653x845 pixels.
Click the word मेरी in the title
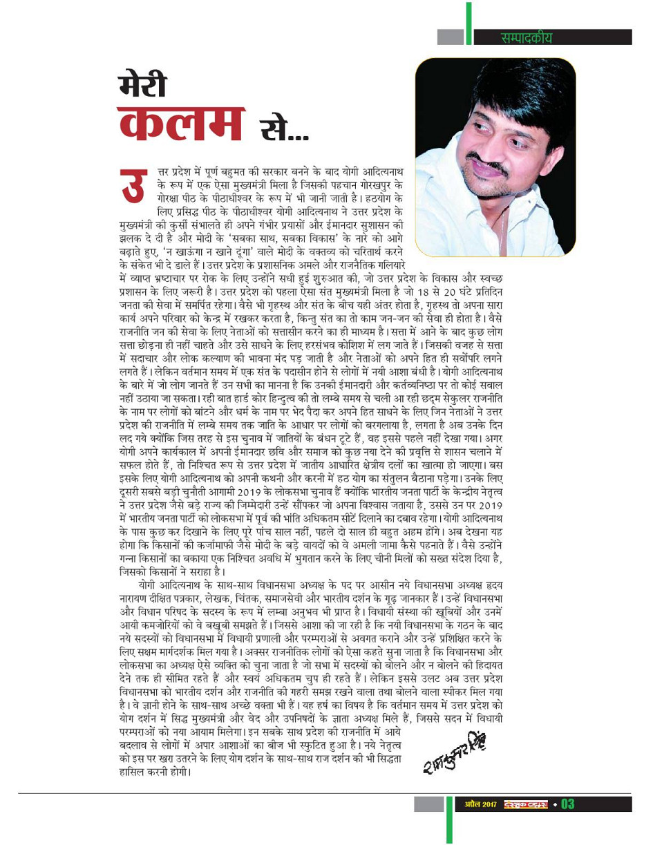[143, 86]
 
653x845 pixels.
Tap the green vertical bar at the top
[469, 24]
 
